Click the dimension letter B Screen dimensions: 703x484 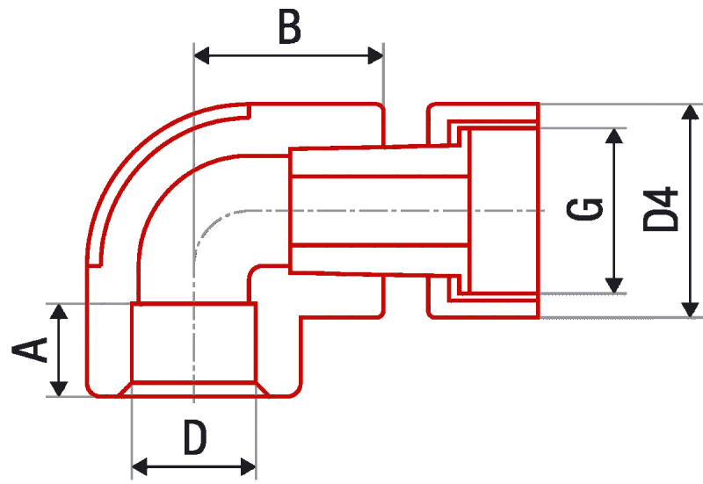[x=289, y=27]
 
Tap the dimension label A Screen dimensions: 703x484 [x=30, y=350]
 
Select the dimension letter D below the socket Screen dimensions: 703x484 [x=195, y=437]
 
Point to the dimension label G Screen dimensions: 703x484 [x=584, y=209]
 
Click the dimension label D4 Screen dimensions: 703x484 [x=661, y=209]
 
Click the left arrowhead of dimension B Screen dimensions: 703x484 [x=201, y=55]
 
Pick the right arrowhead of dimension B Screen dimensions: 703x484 [x=376, y=55]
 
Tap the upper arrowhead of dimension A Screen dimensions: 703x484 [x=59, y=312]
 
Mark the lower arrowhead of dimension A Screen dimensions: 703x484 [x=59, y=388]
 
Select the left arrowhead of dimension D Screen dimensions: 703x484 [x=140, y=466]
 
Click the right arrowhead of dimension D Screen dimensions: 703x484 [x=249, y=466]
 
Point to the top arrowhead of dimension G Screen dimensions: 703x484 [x=613, y=136]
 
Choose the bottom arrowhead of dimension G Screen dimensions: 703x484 [x=613, y=285]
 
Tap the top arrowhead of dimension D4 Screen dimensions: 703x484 [x=690, y=112]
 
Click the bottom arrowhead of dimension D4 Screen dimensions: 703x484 [x=690, y=310]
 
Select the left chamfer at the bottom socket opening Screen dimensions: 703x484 [x=125, y=389]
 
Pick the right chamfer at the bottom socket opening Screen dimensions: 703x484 [x=263, y=389]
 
